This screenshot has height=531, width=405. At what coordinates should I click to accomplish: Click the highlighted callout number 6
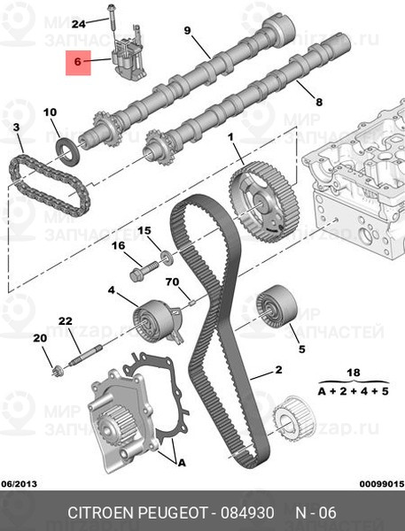point(77,63)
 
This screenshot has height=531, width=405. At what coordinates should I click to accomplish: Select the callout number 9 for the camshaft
point(187,31)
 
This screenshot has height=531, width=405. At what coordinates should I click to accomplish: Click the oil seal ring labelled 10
point(68,148)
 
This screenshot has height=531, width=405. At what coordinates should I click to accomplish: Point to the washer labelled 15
point(164,258)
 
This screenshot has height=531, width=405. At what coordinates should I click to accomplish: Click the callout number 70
point(172,282)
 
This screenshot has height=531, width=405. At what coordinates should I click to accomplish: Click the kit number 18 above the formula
point(354,373)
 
